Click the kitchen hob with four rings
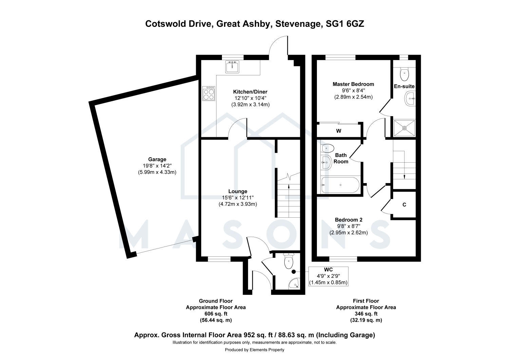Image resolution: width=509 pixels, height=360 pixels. click(x=209, y=93)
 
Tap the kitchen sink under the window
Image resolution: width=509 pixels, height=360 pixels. click(x=232, y=67)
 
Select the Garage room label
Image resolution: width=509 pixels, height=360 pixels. click(x=157, y=159)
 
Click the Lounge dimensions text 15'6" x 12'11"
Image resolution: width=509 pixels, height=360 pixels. click(x=238, y=198)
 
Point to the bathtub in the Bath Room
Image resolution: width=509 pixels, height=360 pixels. click(x=340, y=185)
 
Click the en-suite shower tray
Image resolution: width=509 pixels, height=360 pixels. click(x=404, y=128)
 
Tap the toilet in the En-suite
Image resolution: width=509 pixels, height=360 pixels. click(x=404, y=74)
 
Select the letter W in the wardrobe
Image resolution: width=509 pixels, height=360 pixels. click(x=339, y=131)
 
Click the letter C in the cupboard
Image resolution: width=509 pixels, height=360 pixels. click(x=404, y=205)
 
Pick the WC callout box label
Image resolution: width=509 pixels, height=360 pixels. click(x=328, y=270)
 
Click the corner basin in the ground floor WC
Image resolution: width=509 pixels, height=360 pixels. click(x=294, y=284)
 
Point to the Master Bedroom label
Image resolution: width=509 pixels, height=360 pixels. click(x=353, y=84)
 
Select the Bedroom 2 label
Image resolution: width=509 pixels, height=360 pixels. click(x=348, y=220)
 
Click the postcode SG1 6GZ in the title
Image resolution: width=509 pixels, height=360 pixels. click(x=345, y=24)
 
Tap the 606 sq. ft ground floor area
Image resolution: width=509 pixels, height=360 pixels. click(x=216, y=314)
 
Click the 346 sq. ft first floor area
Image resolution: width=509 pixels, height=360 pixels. click(x=366, y=314)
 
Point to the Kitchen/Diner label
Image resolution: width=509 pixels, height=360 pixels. click(x=250, y=92)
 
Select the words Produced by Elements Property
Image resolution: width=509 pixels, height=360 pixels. click(x=254, y=350)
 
